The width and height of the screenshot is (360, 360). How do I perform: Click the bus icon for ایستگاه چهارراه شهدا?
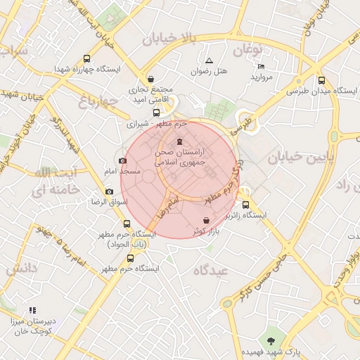click(86, 60)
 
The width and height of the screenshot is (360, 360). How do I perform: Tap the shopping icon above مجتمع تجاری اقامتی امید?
click(151, 79)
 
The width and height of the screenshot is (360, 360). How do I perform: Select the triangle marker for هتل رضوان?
click(209, 61)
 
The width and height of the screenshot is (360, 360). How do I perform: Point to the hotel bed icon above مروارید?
click(261, 66)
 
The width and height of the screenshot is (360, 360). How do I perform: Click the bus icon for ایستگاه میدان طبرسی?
click(321, 80)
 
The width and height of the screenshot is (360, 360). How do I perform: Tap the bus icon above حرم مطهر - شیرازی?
click(156, 112)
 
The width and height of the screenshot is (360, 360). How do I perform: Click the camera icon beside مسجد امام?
click(124, 161)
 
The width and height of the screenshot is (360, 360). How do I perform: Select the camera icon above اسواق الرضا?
click(109, 191)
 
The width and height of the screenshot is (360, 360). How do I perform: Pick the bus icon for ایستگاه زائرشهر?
click(245, 205)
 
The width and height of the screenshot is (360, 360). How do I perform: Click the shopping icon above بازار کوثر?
click(205, 220)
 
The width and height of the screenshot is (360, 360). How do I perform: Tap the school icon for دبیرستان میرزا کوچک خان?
click(32, 310)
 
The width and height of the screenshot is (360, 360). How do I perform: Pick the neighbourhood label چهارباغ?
click(96, 102)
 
